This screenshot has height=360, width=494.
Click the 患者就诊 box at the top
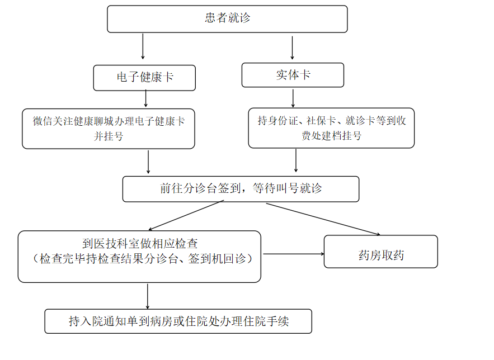227,19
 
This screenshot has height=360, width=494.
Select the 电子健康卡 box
144,78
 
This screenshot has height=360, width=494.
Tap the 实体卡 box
293,75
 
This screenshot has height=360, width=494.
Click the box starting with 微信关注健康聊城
109,129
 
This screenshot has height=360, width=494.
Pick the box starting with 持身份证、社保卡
331,128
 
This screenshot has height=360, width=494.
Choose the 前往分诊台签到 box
241,189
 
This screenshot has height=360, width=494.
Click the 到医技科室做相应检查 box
139,256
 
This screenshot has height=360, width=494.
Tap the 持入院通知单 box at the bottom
178,321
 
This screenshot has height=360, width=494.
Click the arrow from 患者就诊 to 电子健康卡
143,46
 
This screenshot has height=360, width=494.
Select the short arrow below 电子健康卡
145,99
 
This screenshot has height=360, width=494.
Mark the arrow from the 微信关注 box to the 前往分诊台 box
148,162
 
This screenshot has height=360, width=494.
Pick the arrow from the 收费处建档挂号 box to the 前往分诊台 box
296,160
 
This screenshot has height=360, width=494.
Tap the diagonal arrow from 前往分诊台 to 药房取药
323,219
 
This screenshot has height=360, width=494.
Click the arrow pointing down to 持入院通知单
148,296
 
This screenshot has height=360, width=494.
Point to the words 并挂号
109,136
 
